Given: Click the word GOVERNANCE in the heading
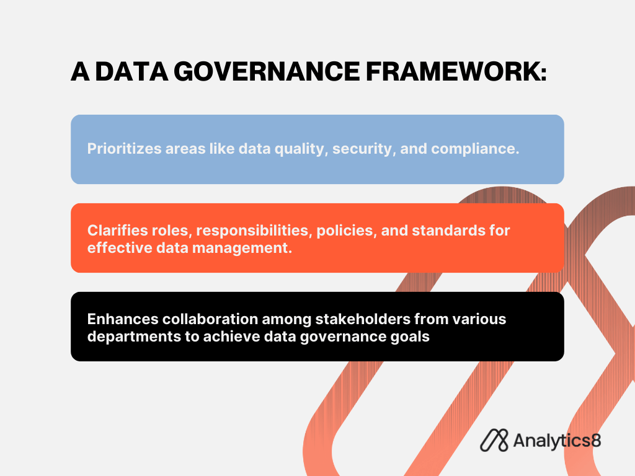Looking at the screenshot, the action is click(267, 72).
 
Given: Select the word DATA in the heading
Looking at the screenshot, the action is click(131, 72).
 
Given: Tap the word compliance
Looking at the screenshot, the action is click(475, 149).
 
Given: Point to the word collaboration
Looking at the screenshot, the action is click(210, 319).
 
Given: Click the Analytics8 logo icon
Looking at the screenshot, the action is click(494, 441).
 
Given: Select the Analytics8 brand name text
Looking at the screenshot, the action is click(557, 441).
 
